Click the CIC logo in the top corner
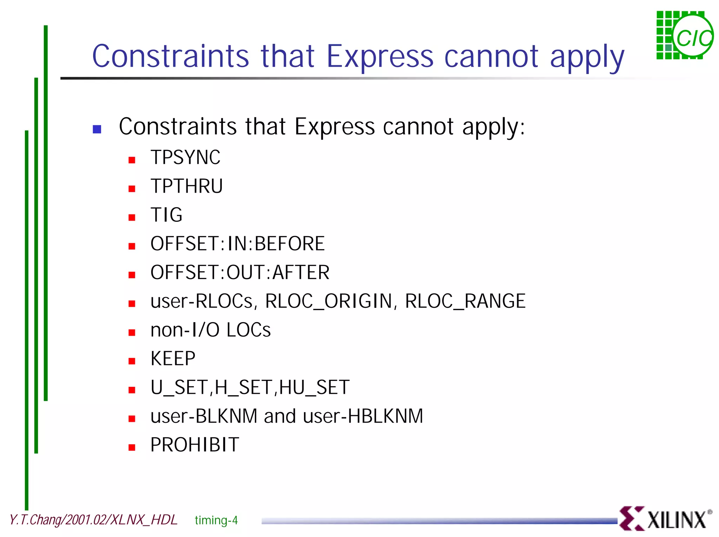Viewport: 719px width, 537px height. click(684, 35)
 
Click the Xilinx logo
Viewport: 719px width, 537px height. click(665, 518)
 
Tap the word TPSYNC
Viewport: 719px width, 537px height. click(185, 157)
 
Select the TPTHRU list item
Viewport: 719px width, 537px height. click(186, 186)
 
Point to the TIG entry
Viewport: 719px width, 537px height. click(166, 215)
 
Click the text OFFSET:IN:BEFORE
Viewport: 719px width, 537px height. click(237, 244)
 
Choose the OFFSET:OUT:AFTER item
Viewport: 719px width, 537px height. click(240, 272)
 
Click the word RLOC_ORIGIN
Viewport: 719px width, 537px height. click(328, 301)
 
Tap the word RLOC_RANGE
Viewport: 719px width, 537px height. click(465, 301)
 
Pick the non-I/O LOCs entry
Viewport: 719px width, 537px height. click(210, 330)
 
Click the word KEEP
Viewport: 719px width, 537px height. click(173, 359)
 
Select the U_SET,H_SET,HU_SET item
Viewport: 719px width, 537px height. click(250, 387)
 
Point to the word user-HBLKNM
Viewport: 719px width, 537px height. click(363, 416)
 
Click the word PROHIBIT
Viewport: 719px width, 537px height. click(194, 445)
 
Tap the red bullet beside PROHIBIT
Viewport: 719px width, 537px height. click(132, 447)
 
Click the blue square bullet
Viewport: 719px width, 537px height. click(97, 129)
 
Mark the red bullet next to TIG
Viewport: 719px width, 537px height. click(132, 218)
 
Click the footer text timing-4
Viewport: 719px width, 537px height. click(216, 520)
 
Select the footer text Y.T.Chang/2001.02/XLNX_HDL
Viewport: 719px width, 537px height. click(93, 520)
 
